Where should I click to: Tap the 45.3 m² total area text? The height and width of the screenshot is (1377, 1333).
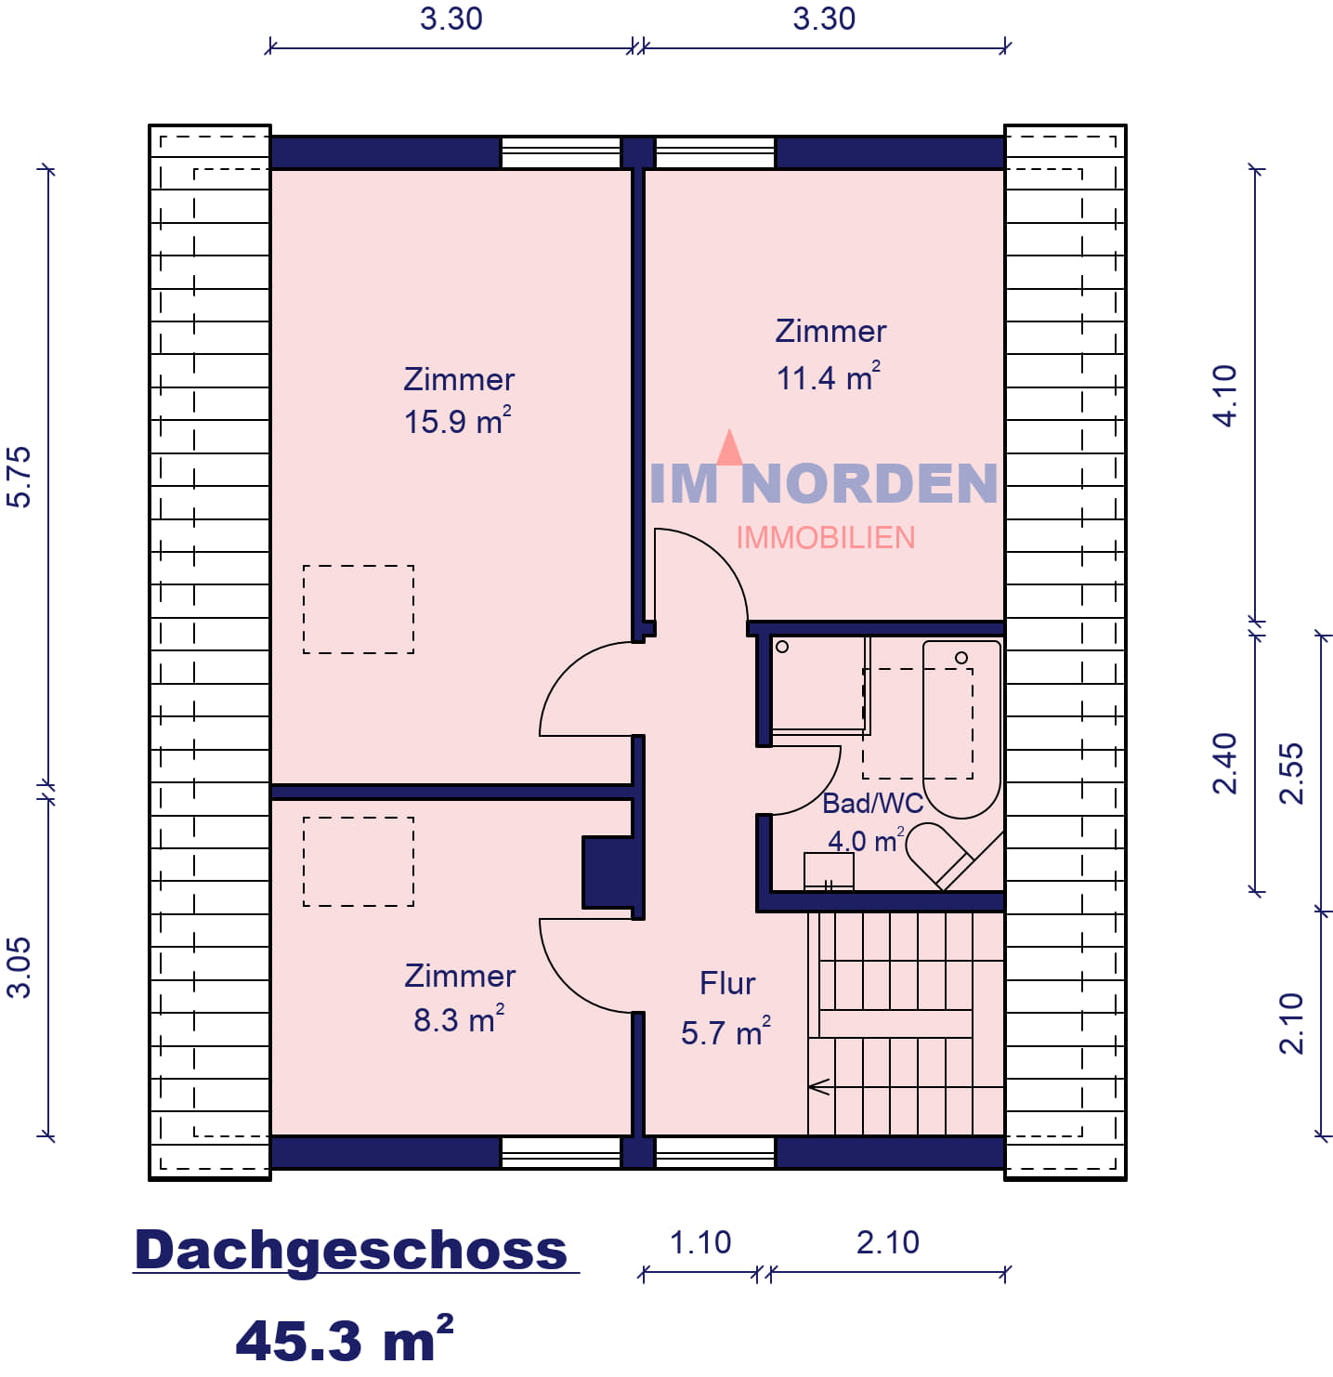pos(344,1340)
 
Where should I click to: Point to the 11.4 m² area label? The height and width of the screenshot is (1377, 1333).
pos(829,377)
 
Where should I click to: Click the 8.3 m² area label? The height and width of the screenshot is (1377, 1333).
pos(459,1019)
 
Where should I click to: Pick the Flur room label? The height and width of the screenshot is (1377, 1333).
pos(727,984)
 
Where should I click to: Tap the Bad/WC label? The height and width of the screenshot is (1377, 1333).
pos(872,803)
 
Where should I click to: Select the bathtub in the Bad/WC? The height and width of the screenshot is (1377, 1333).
pos(961,729)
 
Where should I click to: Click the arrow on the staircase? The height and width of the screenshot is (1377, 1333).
pos(819,1086)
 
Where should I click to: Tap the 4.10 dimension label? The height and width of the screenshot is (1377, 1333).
pos(1224,396)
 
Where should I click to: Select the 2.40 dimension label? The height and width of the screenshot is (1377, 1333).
pos(1224,764)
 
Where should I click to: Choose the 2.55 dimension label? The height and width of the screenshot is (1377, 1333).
pos(1291,773)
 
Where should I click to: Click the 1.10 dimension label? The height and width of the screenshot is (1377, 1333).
pos(699,1242)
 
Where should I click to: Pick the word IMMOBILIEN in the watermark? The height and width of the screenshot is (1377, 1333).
pos(826,538)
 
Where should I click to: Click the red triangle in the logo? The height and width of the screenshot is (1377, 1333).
pos(729,447)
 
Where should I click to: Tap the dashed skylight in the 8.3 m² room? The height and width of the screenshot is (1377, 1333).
pos(359,862)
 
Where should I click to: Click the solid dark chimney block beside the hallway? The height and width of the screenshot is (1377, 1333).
pos(608,872)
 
